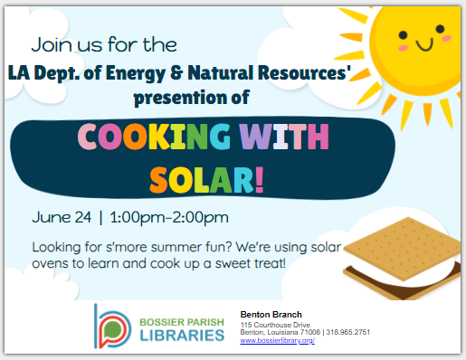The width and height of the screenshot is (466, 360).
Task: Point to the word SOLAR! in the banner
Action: pos(207,177)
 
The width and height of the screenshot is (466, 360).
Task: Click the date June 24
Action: pos(59,218)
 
